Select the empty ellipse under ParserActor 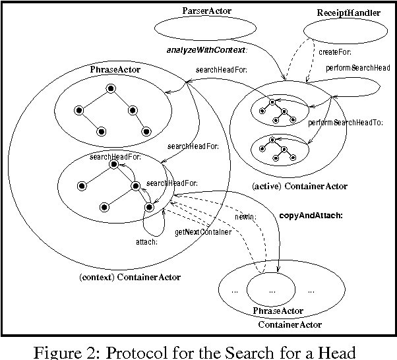coord(206,30)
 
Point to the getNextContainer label coord(202,232)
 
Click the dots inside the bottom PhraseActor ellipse coord(271,289)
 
